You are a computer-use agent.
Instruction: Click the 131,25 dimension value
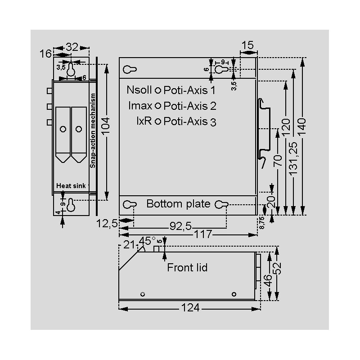coord(293,159)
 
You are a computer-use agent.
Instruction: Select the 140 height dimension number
coord(302,127)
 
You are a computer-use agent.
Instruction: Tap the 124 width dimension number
coord(190,308)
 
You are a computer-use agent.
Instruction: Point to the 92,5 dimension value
coord(181,226)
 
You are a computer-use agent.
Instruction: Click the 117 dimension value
coord(203,234)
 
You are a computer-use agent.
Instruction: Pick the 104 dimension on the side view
coord(106,126)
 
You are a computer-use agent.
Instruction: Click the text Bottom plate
coord(178,204)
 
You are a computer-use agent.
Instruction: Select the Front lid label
coord(187,267)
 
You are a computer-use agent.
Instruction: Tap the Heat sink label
coord(71,186)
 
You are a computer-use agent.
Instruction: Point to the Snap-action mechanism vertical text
coord(93,130)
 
